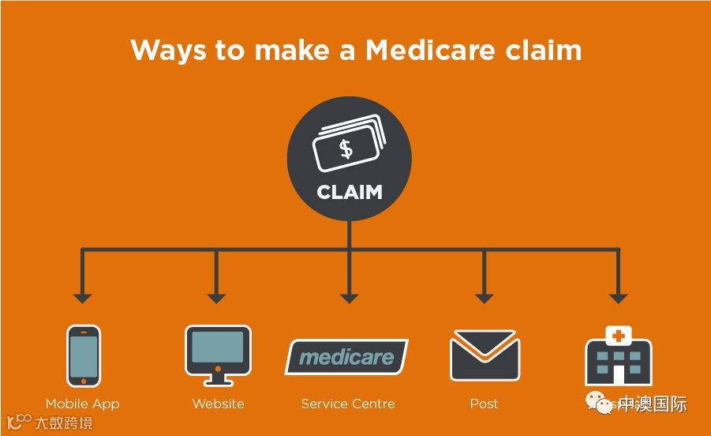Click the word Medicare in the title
point(429,50)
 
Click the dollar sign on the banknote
point(346,148)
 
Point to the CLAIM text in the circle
point(349,192)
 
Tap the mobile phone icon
point(84,355)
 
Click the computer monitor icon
point(218,351)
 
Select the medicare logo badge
point(346,357)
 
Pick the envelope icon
point(485,356)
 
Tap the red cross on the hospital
point(618,336)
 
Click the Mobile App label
point(82,404)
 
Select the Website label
point(218,404)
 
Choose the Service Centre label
point(348,404)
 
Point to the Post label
point(484,404)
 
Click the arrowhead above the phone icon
point(82,298)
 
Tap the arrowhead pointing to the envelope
point(485,298)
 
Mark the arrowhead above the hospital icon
point(618,298)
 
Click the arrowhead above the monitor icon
point(216,298)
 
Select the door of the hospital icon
point(618,374)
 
